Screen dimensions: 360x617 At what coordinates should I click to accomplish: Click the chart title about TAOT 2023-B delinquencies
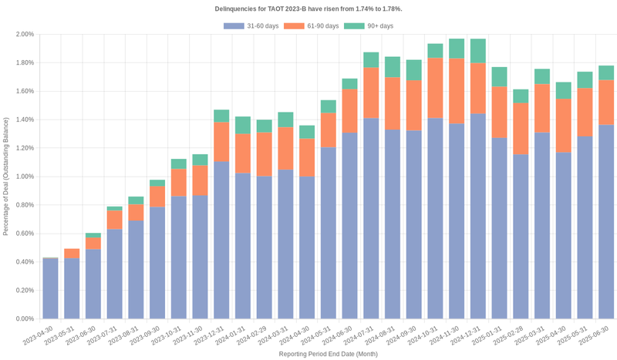(308, 8)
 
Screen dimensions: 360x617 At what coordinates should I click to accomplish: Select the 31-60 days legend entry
(251, 26)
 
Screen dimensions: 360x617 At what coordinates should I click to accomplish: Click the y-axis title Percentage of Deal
(7, 177)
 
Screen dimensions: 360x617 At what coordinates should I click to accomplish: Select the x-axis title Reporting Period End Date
(327, 354)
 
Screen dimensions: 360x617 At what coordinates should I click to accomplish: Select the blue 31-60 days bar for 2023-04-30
(51, 288)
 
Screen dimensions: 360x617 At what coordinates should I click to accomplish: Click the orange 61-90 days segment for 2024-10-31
(435, 89)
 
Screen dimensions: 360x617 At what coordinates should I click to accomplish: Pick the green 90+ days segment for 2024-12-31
(478, 51)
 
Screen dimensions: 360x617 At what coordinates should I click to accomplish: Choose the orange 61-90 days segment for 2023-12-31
(221, 142)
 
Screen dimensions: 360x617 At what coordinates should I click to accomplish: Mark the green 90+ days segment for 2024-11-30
(457, 49)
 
